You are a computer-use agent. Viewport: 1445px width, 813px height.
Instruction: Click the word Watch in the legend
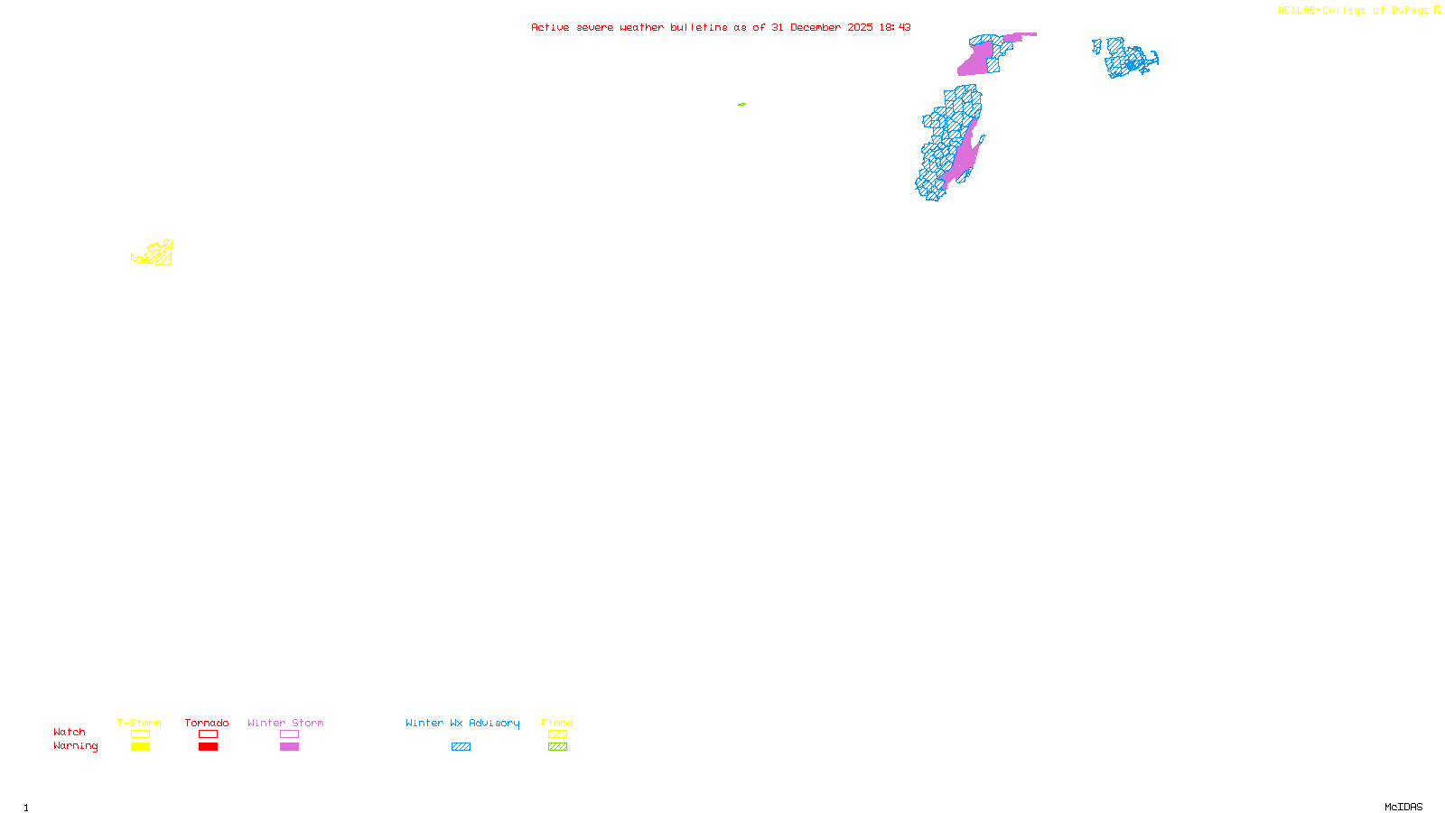pos(70,733)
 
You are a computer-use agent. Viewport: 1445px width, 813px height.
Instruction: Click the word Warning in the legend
pos(75,746)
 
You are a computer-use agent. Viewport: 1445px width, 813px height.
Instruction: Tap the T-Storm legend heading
pos(139,723)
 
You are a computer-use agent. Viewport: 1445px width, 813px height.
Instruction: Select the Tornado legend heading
pos(207,723)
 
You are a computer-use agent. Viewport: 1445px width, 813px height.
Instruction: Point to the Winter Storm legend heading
pos(285,723)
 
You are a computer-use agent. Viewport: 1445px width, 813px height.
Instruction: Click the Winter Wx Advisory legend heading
pos(462,723)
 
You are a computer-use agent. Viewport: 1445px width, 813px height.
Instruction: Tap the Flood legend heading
pos(557,723)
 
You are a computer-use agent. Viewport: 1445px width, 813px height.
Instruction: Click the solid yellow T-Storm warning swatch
pos(140,747)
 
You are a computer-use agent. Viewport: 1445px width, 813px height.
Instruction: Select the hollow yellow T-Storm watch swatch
pos(140,734)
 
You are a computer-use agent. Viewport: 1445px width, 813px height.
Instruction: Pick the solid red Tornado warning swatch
pos(208,747)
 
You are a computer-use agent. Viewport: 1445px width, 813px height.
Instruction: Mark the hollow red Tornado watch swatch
pos(208,734)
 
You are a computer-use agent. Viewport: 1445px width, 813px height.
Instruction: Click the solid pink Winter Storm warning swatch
pos(289,747)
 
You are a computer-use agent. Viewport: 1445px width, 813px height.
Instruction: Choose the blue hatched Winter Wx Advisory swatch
pos(461,747)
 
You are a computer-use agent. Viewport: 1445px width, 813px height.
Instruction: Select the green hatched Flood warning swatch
pos(557,747)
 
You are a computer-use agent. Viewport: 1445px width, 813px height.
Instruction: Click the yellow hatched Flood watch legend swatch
pos(557,734)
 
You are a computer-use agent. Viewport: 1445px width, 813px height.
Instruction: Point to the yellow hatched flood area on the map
pos(159,254)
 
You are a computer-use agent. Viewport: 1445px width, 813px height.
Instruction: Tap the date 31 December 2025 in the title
pos(822,27)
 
